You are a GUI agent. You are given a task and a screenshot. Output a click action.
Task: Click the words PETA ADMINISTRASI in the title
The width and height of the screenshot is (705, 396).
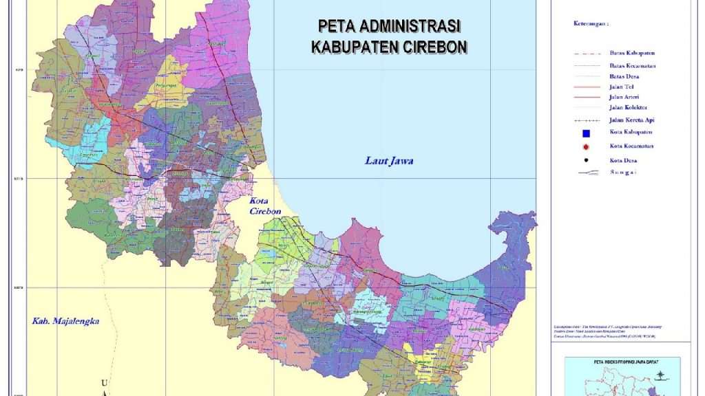click(x=389, y=26)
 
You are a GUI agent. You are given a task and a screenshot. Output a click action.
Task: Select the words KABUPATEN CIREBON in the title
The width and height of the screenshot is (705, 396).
click(x=389, y=47)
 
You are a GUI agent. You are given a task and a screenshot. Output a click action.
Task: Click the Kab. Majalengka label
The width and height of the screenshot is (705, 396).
click(x=66, y=320)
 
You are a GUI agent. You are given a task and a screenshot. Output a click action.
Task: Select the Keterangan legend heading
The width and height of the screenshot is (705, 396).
click(x=591, y=23)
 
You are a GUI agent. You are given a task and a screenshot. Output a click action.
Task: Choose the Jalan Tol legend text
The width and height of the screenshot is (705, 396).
click(x=622, y=87)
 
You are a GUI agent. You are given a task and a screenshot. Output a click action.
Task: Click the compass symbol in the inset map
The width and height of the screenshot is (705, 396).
click(x=662, y=376)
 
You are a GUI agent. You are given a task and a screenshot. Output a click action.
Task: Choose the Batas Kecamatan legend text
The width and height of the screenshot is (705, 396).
click(x=632, y=65)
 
